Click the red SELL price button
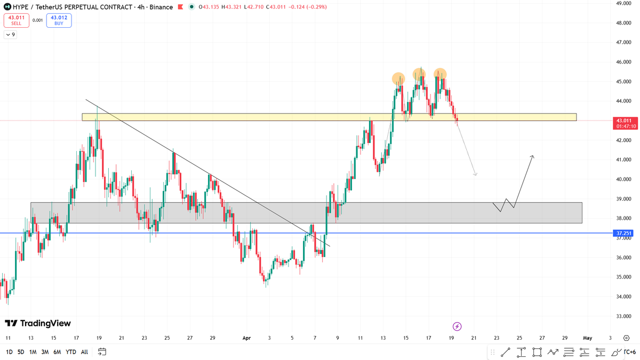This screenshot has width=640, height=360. pos(16,20)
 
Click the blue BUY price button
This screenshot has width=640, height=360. pos(59,20)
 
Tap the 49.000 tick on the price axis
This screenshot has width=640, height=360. pos(624,3)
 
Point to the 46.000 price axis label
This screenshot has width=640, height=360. pos(624,62)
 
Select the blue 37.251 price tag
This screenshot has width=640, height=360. pos(624,233)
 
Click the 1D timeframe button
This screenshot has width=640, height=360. pos(9,352)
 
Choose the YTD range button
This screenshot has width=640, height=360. pos(70,352)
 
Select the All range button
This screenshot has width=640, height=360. pos(84,352)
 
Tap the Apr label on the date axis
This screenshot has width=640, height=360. pos(246,338)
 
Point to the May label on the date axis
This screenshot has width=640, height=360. pos(587,338)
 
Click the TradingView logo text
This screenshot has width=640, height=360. pos(38,323)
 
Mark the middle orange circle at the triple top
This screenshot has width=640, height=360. pos(419,74)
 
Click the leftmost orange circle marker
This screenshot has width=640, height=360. pos(398,79)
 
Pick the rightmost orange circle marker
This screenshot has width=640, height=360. pos(439,74)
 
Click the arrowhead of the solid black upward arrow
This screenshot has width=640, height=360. pos(532,156)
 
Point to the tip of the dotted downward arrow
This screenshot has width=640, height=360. pos(475,174)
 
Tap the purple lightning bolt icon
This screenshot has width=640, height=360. pos(457,326)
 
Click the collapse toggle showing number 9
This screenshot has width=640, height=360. pos(10,35)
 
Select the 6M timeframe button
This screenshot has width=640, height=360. pos(57,352)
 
